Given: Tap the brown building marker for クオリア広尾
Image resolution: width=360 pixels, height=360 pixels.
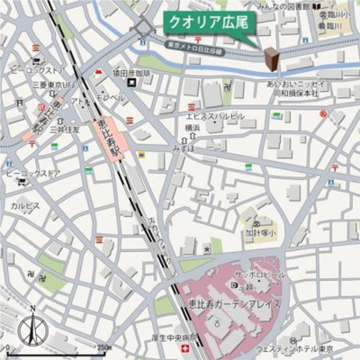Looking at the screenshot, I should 270,58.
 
